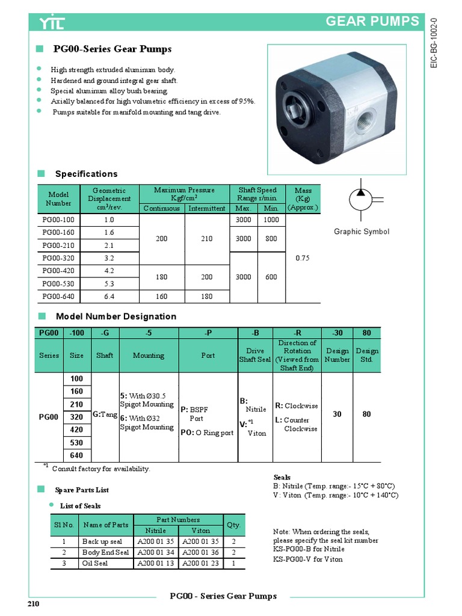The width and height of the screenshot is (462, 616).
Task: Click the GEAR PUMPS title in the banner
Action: [372, 22]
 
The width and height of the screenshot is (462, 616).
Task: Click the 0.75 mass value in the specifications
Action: [303, 258]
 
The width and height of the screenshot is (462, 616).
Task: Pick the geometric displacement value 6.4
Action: [109, 296]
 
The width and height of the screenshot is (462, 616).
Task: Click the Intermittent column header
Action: [207, 208]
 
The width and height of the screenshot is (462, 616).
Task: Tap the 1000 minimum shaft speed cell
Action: [271, 220]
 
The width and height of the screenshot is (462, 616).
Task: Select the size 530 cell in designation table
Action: [76, 443]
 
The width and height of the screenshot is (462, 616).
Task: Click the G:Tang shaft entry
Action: [105, 415]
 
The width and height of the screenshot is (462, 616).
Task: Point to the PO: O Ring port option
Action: [207, 433]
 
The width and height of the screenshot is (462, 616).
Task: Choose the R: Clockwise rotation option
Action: [297, 405]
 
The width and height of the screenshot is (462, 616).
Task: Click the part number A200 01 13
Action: [156, 563]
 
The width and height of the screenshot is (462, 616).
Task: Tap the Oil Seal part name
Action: [95, 563]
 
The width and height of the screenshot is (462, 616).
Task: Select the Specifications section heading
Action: [86, 174]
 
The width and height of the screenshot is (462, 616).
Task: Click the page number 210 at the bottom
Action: [33, 604]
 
